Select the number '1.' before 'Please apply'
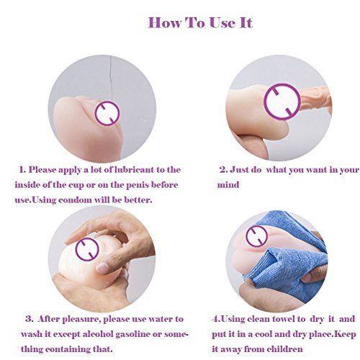22,170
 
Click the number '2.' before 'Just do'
224,170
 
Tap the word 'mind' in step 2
228,185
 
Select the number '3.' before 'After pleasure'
30,319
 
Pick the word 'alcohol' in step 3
98,334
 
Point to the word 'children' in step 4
285,349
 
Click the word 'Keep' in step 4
345,334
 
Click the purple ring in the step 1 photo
107,103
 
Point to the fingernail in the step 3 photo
103,268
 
